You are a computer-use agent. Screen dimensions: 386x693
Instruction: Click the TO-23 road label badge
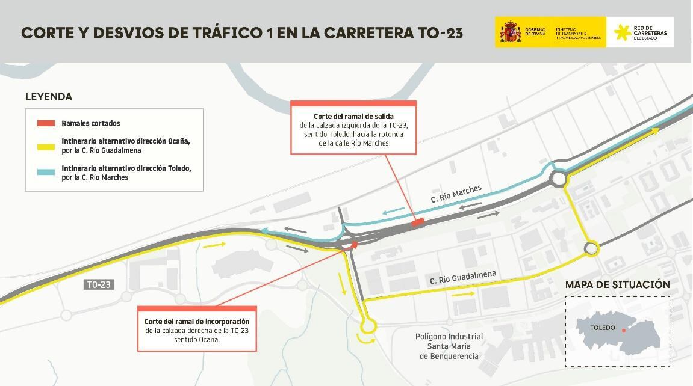(99, 285)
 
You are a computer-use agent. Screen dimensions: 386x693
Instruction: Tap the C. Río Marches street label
(456, 194)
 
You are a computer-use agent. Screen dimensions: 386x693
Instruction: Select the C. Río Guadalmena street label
(463, 278)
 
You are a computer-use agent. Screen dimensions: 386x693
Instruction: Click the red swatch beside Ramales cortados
(46, 123)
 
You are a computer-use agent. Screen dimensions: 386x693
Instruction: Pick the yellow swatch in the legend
(46, 147)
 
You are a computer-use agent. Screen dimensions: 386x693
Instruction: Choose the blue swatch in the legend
(46, 173)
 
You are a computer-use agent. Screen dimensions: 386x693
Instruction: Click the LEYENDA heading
(49, 96)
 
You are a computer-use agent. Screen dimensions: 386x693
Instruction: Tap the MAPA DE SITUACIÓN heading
(617, 284)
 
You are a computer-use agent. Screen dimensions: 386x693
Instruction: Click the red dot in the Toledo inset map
(624, 330)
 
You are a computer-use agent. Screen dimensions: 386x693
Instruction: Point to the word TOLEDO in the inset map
(603, 328)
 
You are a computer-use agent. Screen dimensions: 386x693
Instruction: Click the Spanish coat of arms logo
(510, 32)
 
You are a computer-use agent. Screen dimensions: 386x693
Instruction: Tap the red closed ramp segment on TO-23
(417, 222)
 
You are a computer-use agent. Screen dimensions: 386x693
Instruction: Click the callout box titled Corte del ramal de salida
(353, 128)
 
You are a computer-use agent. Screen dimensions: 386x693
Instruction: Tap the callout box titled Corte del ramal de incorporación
(197, 328)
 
